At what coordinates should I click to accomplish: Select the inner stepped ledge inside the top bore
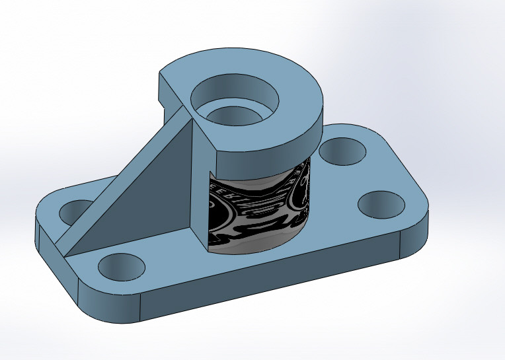click(x=233, y=116)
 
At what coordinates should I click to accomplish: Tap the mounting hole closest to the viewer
click(x=121, y=268)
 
